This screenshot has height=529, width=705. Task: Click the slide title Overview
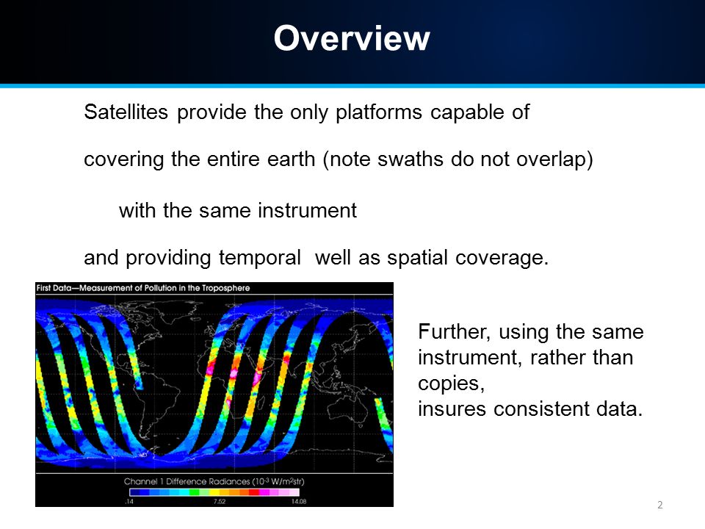pyautogui.click(x=352, y=38)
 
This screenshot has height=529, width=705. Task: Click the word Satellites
pyautogui.click(x=126, y=112)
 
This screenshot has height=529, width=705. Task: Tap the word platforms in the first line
pyautogui.click(x=379, y=112)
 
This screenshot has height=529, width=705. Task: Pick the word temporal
pyautogui.click(x=259, y=258)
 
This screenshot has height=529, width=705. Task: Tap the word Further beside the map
pyautogui.click(x=454, y=332)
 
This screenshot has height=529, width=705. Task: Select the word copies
pyautogui.click(x=451, y=384)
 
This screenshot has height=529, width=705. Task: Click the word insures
pyautogui.click(x=452, y=409)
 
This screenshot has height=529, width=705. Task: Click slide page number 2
pyautogui.click(x=660, y=505)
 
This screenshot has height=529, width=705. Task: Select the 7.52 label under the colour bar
pyautogui.click(x=220, y=502)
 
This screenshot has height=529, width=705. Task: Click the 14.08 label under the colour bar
pyautogui.click(x=299, y=502)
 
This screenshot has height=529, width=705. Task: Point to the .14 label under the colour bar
pyautogui.click(x=129, y=502)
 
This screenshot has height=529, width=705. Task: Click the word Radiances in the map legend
pyautogui.click(x=228, y=481)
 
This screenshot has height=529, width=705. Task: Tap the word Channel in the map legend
pyautogui.click(x=140, y=481)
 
